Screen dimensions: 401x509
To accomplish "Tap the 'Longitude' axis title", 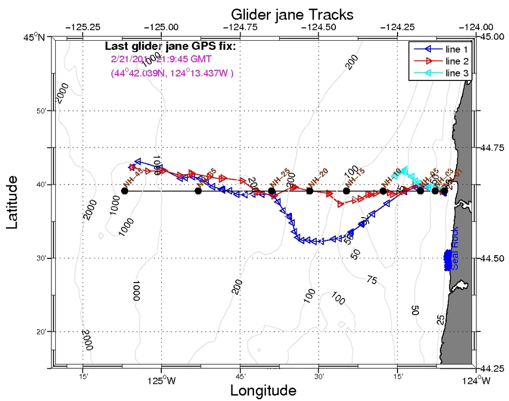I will tap(263, 390).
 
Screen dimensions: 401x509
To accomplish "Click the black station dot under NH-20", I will tap(310, 191).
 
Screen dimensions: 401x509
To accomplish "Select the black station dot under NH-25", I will tap(272, 191).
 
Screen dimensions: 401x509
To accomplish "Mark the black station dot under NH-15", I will tap(346, 191).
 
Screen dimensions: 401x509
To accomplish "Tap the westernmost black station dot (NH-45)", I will tap(124, 191).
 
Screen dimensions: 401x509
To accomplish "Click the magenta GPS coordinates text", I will tap(172, 73).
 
